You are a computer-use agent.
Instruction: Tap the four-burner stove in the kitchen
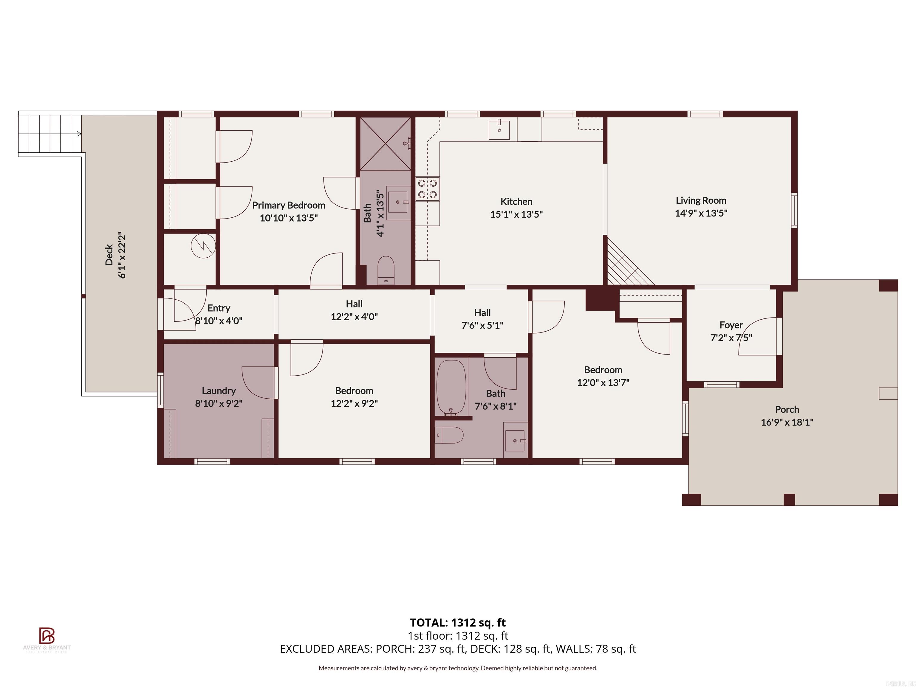[x=427, y=189]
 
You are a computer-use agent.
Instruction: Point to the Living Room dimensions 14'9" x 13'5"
[x=701, y=213]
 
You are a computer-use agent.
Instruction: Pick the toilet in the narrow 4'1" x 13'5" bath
[x=386, y=270]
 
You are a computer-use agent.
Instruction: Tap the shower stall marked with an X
[x=385, y=144]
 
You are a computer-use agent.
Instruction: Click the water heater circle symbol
[x=203, y=246]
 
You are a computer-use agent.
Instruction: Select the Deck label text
[x=109, y=255]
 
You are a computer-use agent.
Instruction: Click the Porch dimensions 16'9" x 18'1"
[x=787, y=422]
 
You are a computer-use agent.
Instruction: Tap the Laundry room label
[x=219, y=391]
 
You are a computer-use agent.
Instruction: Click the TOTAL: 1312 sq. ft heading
[x=458, y=622]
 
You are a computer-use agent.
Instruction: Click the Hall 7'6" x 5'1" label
[x=482, y=319]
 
